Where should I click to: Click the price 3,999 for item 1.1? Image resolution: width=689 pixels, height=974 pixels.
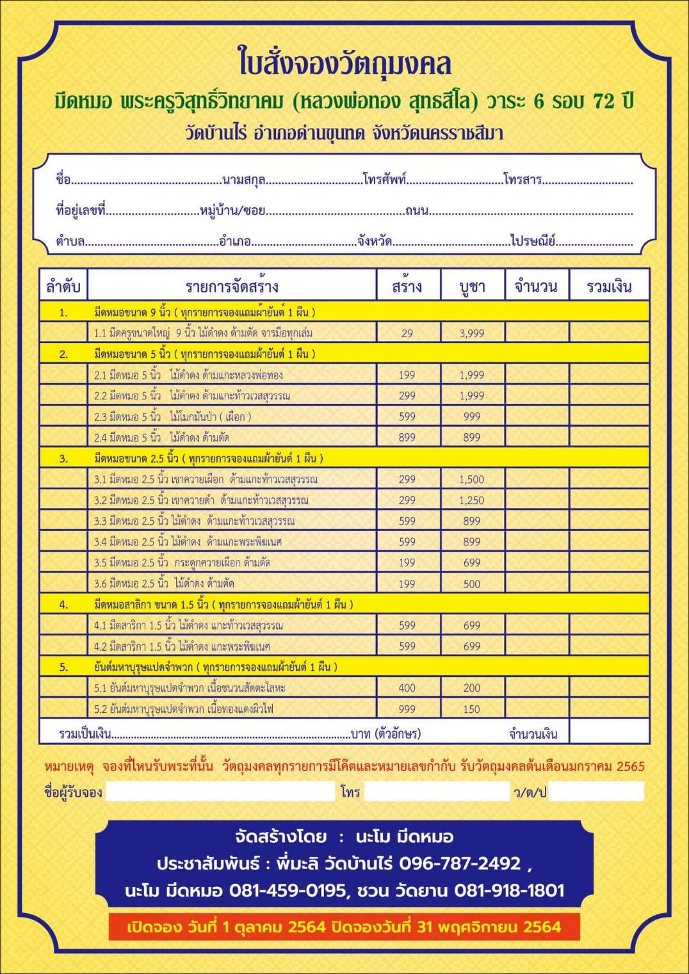[x=472, y=333]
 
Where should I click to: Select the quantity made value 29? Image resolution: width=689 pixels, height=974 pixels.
[x=407, y=333]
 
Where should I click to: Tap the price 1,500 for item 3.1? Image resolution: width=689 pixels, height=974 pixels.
[x=472, y=479]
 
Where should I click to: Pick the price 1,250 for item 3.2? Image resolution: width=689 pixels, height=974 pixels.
[x=472, y=500]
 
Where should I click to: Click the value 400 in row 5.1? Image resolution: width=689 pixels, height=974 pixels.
[x=407, y=688]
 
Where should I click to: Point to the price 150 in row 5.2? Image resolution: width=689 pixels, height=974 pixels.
[x=472, y=709]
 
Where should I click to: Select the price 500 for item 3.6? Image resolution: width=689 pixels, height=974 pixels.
[x=472, y=584]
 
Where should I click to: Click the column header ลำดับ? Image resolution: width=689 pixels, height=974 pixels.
[x=63, y=286]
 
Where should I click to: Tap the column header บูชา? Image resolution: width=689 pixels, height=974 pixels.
[x=473, y=286]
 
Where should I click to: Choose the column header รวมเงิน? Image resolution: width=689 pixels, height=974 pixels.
[x=609, y=286]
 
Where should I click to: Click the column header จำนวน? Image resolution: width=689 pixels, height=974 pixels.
[x=536, y=286]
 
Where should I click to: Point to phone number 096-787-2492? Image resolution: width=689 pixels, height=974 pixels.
[x=460, y=863]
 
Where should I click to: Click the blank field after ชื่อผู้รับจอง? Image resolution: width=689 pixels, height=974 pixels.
[x=220, y=792]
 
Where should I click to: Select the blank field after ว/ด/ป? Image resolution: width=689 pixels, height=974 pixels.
[x=596, y=792]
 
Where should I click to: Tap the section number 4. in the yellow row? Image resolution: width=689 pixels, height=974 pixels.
[x=63, y=604]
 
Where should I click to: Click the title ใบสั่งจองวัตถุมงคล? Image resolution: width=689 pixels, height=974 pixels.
[x=344, y=63]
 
